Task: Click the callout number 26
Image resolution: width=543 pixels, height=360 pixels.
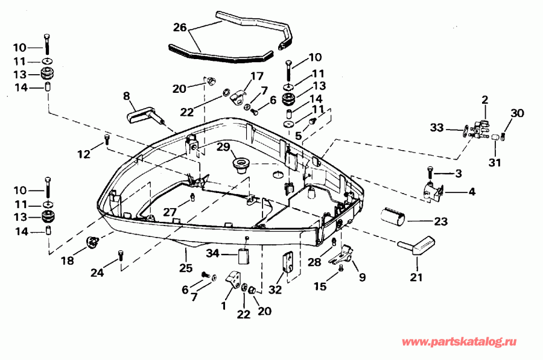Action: click(180, 27)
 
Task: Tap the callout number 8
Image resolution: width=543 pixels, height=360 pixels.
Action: click(126, 95)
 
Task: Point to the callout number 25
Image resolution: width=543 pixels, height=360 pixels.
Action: click(185, 267)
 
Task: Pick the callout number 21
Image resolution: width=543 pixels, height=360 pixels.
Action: click(416, 278)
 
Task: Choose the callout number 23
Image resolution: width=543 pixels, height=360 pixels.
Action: click(440, 221)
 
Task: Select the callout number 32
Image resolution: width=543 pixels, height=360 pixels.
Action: click(276, 289)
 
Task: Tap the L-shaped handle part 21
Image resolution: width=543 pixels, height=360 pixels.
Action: click(416, 246)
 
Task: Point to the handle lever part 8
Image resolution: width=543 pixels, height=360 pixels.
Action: click(145, 113)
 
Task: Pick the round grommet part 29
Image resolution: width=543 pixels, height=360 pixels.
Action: click(242, 165)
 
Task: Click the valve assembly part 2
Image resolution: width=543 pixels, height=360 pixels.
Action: click(481, 127)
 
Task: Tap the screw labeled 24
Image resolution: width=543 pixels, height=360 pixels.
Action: click(122, 256)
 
